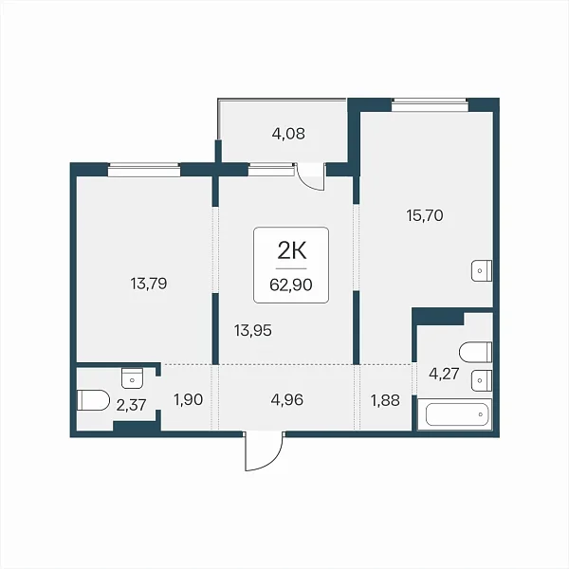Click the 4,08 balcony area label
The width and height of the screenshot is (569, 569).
click(288, 134)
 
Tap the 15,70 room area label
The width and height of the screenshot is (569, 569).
click(425, 215)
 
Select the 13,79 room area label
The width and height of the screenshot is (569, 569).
click(149, 284)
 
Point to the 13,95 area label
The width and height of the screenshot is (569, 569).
click(253, 331)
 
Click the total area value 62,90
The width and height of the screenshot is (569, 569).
click(291, 284)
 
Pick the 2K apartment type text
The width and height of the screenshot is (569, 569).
click(292, 250)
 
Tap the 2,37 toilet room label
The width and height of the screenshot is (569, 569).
click(131, 405)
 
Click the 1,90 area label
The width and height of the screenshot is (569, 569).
click(188, 400)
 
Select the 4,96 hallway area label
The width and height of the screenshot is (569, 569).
click(286, 400)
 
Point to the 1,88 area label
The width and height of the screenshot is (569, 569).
click(385, 400)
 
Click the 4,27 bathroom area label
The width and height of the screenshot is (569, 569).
click(444, 374)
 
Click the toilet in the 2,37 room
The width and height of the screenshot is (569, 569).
click(93, 400)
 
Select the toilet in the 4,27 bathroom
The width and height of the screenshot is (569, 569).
click(476, 352)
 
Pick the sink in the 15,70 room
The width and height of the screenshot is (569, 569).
click(482, 270)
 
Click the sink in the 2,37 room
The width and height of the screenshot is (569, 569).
click(132, 378)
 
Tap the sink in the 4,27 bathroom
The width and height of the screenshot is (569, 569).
click(482, 380)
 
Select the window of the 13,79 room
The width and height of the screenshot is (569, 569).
click(144, 170)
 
